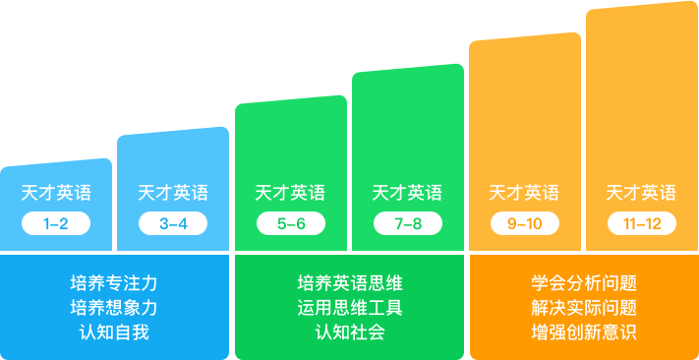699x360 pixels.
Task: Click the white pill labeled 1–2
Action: (x=56, y=223)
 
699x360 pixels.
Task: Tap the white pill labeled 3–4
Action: (x=173, y=223)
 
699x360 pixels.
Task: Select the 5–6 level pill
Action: (x=291, y=223)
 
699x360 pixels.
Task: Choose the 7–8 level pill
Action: (x=408, y=223)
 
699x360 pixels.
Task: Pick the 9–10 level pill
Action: (x=525, y=223)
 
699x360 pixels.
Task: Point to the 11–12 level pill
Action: (x=642, y=223)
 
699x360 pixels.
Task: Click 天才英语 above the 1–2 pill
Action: (x=56, y=193)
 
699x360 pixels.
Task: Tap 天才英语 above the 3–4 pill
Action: (x=173, y=193)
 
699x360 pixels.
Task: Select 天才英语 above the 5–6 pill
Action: (x=291, y=193)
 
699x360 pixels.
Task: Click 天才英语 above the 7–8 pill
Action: (x=408, y=193)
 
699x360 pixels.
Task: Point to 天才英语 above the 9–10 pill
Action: (x=525, y=193)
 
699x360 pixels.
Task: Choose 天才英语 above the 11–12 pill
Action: (x=642, y=193)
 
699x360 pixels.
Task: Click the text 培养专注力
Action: (x=114, y=282)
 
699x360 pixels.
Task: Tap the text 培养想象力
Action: (x=114, y=307)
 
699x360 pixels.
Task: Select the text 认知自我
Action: (x=114, y=331)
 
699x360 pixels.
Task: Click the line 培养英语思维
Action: (x=349, y=282)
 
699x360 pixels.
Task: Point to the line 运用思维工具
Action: (x=349, y=307)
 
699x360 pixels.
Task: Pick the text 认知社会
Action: (x=349, y=331)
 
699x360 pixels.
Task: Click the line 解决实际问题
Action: (x=583, y=307)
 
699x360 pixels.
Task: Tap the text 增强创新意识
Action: (x=583, y=331)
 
